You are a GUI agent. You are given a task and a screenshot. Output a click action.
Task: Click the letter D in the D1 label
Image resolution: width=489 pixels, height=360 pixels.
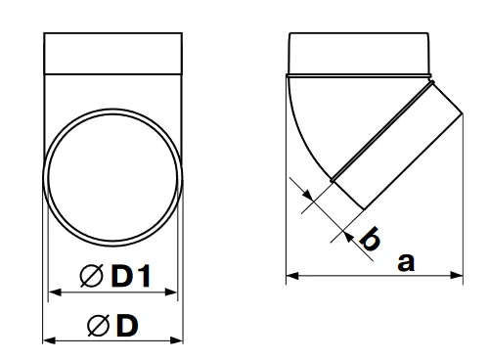click(122, 276)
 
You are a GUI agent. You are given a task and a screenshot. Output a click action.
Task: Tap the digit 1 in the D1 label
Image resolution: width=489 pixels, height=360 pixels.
click(144, 276)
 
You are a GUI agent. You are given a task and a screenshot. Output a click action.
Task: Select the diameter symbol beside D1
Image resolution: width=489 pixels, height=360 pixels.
click(92, 276)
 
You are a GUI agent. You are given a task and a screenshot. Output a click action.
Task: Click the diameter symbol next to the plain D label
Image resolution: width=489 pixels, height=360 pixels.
click(99, 326)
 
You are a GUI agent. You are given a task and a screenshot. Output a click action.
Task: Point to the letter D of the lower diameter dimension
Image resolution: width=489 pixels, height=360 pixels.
click(127, 326)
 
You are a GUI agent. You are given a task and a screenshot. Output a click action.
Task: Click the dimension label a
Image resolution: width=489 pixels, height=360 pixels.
click(406, 262)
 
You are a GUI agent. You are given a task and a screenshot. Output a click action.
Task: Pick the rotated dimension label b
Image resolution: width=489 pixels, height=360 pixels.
click(370, 239)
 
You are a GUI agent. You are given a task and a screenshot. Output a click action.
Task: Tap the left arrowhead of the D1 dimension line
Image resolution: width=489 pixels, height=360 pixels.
click(55, 292)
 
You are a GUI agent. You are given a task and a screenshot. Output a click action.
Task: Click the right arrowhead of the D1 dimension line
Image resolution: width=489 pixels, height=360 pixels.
click(171, 292)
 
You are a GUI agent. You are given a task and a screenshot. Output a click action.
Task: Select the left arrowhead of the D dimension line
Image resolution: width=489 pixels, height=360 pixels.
click(49, 340)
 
